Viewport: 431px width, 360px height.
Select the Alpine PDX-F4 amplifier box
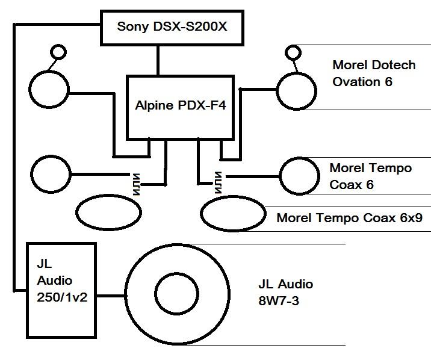pos(180,107)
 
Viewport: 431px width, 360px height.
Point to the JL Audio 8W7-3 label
pos(286,292)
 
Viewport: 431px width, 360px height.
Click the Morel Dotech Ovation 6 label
pos(374,73)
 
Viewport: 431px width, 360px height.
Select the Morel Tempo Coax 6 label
pos(370,176)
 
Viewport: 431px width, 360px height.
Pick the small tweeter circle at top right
pos(293,52)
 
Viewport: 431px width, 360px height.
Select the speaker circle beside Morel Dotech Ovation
pos(296,90)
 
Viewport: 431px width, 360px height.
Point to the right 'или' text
pos(217,181)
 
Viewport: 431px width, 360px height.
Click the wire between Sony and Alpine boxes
pos(158,60)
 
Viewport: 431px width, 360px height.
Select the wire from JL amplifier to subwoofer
pos(110,295)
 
